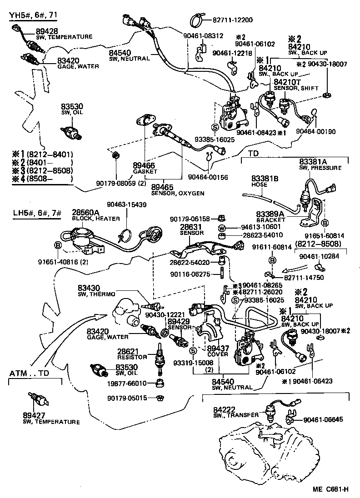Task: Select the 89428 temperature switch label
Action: (44, 31)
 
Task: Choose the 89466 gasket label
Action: (141, 166)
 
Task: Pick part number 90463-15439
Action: (127, 205)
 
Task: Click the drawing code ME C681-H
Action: (330, 489)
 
